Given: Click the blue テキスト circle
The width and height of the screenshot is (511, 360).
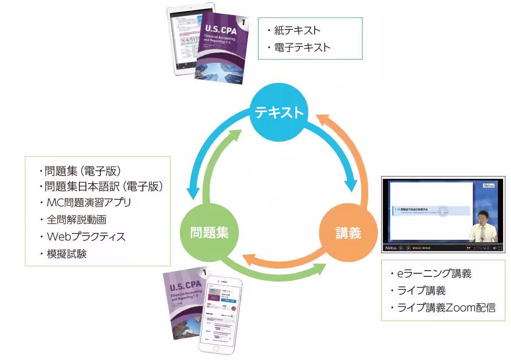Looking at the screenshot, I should tap(279, 113).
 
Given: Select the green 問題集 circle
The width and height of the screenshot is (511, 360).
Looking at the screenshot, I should tap(209, 233).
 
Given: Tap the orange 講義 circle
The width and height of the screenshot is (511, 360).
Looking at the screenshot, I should tap(348, 233).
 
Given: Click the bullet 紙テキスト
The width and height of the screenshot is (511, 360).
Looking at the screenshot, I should tap(297, 30).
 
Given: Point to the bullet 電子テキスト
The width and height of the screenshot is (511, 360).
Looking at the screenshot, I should tap(302, 47).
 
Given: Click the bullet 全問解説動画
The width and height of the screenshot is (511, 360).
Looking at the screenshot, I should tap(76, 219).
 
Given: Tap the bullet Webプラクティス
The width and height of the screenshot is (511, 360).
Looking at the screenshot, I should tap(86, 236).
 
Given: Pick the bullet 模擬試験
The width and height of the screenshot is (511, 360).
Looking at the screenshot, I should tap(67, 254).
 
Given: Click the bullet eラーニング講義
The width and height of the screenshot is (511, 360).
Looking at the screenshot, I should tap(434, 274).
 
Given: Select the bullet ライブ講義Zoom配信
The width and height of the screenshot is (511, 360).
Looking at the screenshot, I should tap(446, 307).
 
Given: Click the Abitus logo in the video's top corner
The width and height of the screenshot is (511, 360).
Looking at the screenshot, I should tap(488, 185).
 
